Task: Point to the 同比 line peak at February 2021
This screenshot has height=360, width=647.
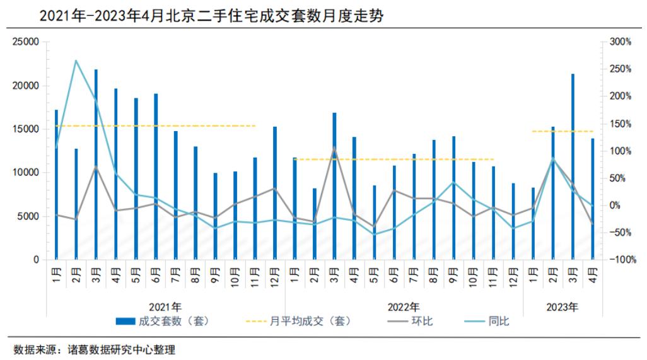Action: coord(76,61)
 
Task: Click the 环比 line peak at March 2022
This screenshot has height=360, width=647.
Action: coord(334,148)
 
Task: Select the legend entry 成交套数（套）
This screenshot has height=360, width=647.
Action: coord(162,321)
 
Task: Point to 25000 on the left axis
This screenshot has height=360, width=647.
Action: coord(26,42)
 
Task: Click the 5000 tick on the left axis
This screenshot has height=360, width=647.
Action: coord(29,216)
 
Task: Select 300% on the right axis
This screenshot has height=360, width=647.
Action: coord(620,42)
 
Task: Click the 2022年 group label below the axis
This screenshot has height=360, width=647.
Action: coord(404,307)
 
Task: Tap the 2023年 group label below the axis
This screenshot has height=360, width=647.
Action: coord(562,307)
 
